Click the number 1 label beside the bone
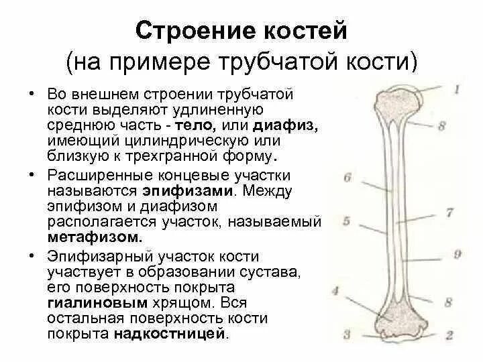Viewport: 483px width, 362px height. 456,89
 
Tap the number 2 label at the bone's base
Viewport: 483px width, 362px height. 450,334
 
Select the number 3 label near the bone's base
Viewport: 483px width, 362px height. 347,334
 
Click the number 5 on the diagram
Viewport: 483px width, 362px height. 346,221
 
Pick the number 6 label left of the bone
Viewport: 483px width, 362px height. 347,178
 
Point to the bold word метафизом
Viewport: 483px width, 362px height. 95,238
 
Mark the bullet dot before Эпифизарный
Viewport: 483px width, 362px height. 32,255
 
